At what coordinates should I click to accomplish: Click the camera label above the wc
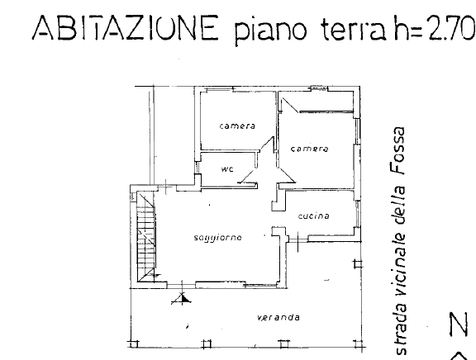pos(237,126)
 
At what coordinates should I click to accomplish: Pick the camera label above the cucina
pos(310,149)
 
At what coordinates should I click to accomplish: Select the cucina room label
pos(314,216)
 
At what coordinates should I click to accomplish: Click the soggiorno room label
pos(217,238)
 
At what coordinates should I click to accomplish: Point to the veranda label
pos(277,317)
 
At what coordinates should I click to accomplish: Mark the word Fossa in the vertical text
pos(401,156)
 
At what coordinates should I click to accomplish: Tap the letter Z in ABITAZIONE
pos(140,31)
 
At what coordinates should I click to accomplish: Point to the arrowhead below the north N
pos(455,353)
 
